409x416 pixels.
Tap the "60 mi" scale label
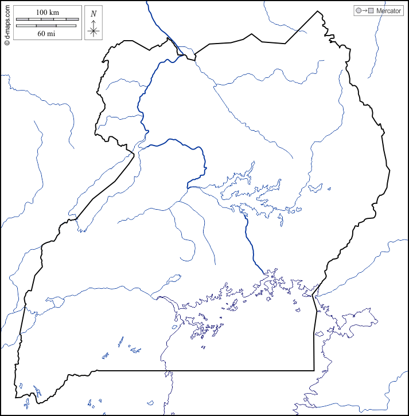[x=46, y=33]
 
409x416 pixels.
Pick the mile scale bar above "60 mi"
[x=46, y=26]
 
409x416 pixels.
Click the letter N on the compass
[x=94, y=13]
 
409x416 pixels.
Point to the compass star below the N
[x=94, y=30]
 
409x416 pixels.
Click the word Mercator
[x=388, y=11]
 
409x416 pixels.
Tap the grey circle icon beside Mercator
[x=359, y=11]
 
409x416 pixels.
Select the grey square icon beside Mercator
[x=371, y=11]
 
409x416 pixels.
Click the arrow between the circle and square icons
[x=364, y=11]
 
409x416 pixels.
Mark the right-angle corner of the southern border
[x=314, y=370]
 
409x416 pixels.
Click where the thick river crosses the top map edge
[x=147, y=2]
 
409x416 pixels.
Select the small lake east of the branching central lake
[x=315, y=187]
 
